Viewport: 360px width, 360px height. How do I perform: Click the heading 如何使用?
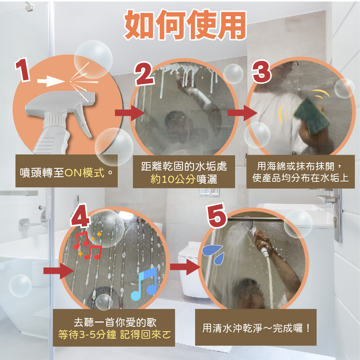point(185,25)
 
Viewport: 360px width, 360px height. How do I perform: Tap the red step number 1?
point(23,69)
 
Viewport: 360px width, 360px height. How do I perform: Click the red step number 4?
point(80,215)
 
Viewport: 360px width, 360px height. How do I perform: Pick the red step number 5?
point(217,215)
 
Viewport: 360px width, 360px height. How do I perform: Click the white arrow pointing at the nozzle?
point(51,81)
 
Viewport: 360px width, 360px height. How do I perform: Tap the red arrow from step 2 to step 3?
point(242,113)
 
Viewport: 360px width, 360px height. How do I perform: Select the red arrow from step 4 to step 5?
point(185,267)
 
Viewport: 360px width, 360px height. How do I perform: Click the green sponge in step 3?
point(310,116)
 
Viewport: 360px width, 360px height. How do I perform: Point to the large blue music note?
point(144,284)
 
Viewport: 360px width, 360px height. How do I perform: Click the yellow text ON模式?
point(85,172)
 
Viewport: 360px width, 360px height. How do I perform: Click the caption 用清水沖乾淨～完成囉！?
point(256,328)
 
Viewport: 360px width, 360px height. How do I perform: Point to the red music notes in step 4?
point(87,245)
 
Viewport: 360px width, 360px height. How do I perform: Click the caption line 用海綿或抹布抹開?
point(296,166)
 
